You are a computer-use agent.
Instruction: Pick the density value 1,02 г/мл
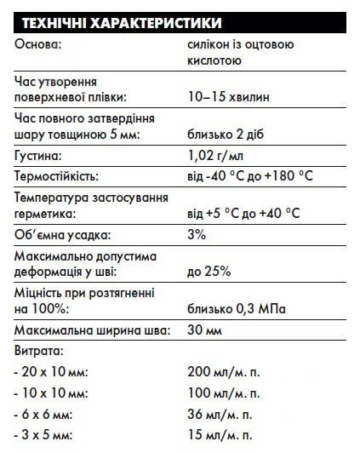coord(216,157)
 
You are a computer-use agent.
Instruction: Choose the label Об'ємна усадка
coord(58,234)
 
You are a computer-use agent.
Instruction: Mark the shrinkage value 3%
coord(197,234)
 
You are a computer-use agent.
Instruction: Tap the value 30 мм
coord(206,330)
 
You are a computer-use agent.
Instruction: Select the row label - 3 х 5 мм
coord(49,436)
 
